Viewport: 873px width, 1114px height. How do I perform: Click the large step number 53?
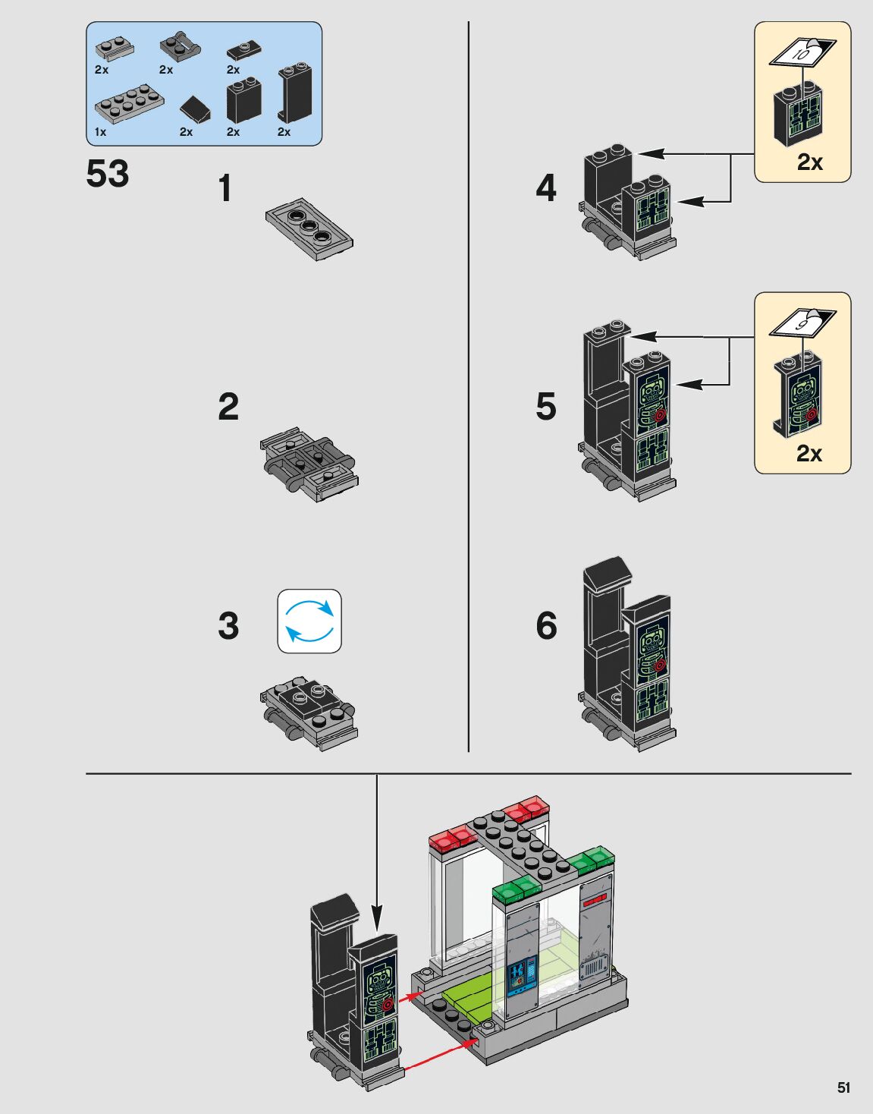pos(108,174)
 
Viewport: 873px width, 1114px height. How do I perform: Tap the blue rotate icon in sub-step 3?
pos(309,622)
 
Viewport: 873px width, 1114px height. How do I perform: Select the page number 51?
pos(843,1087)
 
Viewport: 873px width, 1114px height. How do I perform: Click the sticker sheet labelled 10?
pos(802,53)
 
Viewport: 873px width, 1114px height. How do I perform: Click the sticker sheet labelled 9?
pos(802,323)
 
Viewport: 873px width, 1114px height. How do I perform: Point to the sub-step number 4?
pos(546,188)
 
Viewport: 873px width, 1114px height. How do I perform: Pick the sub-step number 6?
pos(546,626)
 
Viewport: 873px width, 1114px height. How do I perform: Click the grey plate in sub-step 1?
pos(309,229)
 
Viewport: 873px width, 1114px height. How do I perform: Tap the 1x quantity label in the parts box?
pos(100,132)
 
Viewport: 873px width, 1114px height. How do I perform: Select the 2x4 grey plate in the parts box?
pos(129,103)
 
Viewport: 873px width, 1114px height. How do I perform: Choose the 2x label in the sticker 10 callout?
pos(809,162)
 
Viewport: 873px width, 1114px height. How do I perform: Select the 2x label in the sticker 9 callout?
pos(809,453)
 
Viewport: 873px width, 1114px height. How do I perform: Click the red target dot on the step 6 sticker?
pos(659,665)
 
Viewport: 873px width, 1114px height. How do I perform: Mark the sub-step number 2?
pos(228,407)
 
